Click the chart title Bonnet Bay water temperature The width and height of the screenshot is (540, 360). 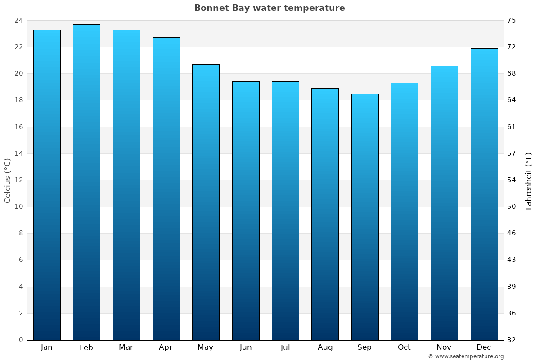pyautogui.click(x=270, y=8)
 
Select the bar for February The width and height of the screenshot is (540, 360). pyautogui.click(x=86, y=182)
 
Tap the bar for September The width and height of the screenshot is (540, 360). pyautogui.click(x=364, y=216)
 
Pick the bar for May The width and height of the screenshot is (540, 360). pyautogui.click(x=206, y=202)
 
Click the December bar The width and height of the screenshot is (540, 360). pyautogui.click(x=484, y=194)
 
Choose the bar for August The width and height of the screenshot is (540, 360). pyautogui.click(x=325, y=214)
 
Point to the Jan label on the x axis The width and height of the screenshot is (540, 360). pyautogui.click(x=47, y=347)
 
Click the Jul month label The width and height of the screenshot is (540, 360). pyautogui.click(x=285, y=347)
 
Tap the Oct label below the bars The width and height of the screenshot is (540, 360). pyautogui.click(x=404, y=347)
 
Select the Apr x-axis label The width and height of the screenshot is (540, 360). pyautogui.click(x=166, y=347)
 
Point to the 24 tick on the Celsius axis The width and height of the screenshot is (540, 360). pyautogui.click(x=19, y=20)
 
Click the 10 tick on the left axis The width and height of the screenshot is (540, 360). pyautogui.click(x=19, y=207)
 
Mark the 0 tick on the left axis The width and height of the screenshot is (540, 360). pyautogui.click(x=21, y=340)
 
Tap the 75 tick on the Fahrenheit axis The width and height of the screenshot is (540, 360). pyautogui.click(x=512, y=20)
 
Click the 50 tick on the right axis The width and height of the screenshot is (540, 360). pyautogui.click(x=512, y=207)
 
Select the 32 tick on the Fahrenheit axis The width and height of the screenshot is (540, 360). pyautogui.click(x=512, y=340)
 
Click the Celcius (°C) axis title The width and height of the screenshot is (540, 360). pyautogui.click(x=7, y=180)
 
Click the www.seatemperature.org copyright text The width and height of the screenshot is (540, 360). pyautogui.click(x=466, y=356)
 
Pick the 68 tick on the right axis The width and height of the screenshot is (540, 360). pyautogui.click(x=512, y=73)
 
